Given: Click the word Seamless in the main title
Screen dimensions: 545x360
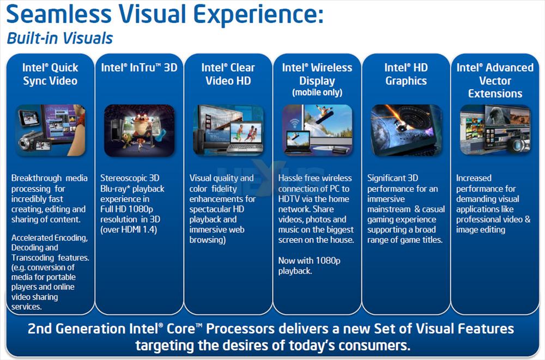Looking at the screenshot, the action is click(59, 14).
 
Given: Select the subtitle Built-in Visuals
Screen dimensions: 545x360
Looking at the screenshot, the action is click(60, 38).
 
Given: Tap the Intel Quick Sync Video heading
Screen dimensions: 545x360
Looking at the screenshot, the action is click(50, 74).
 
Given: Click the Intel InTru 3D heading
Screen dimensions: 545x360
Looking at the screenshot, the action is click(139, 68).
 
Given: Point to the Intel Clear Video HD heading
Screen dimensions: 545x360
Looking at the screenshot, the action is click(228, 74).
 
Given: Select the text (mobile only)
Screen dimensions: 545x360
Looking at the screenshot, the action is click(317, 93).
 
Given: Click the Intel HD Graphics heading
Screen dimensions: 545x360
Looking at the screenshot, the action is click(406, 74).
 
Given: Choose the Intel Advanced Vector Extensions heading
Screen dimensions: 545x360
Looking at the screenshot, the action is click(495, 80).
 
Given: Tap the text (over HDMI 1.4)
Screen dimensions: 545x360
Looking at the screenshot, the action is click(129, 230).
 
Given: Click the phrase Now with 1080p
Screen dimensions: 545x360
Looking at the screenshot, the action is click(310, 261).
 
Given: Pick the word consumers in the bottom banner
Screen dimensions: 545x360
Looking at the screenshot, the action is click(374, 346).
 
